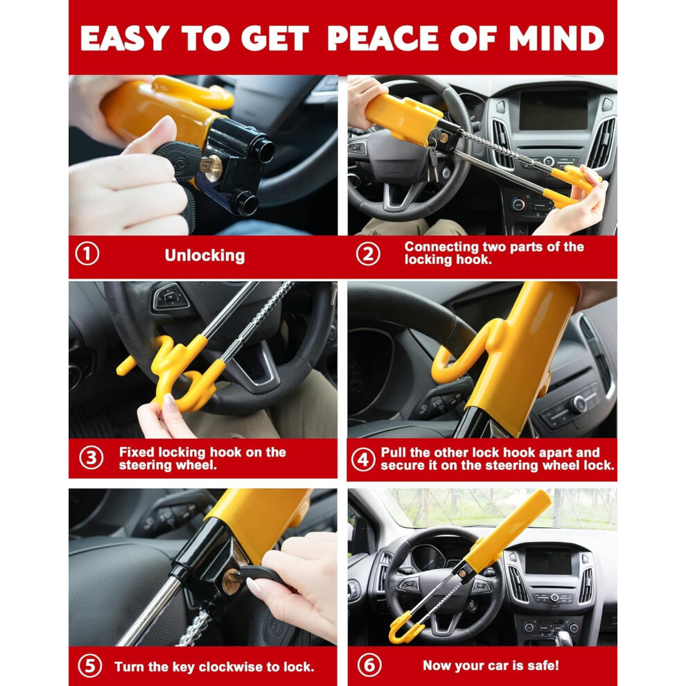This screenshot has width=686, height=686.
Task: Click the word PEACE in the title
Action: click(382, 38)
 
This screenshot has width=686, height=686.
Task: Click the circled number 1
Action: click(87, 254)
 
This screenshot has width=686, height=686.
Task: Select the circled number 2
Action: click(368, 254)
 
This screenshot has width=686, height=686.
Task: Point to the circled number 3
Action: click(91, 458)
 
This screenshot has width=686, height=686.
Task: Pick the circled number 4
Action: click(363, 459)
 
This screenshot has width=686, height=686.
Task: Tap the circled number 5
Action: click(89, 666)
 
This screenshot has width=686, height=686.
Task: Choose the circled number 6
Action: click(369, 665)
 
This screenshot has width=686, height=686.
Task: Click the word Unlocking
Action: click(204, 256)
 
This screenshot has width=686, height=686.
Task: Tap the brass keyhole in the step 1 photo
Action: click(213, 168)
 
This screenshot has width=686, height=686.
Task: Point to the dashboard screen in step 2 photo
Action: click(554, 110)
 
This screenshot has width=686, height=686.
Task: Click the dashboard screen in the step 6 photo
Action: click(548, 561)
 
